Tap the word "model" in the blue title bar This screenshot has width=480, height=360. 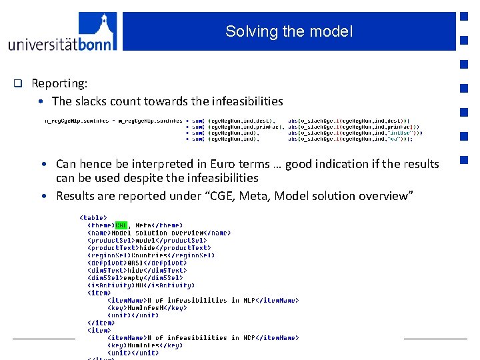[x=334, y=31]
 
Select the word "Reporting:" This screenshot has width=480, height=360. [x=59, y=84]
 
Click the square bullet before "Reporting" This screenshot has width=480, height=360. [x=19, y=84]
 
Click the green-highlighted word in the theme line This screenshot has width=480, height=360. [x=121, y=225]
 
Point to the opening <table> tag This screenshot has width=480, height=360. [x=93, y=217]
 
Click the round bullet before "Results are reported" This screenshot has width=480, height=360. [x=42, y=196]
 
